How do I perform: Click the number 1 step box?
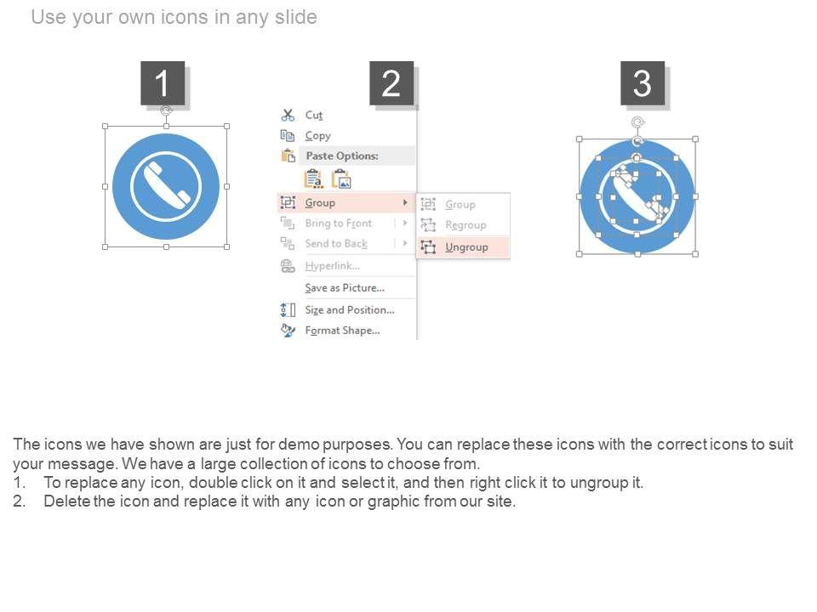pos(163,83)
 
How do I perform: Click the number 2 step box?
pos(391,83)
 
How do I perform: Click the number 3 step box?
pos(643,83)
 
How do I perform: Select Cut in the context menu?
pos(314,115)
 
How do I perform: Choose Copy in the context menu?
pos(317,136)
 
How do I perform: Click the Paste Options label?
pos(342,156)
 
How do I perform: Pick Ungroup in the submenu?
pos(466,247)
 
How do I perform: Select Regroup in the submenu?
pos(466,224)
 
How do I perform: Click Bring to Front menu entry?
pos(338,224)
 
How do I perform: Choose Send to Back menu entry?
pos(336,244)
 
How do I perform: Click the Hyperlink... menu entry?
pos(332,266)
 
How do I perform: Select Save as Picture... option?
pos(345,288)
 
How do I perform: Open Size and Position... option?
pos(350,309)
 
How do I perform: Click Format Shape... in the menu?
pos(342,331)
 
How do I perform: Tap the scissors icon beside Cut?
pos(288,115)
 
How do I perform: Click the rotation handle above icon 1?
pos(166,110)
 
